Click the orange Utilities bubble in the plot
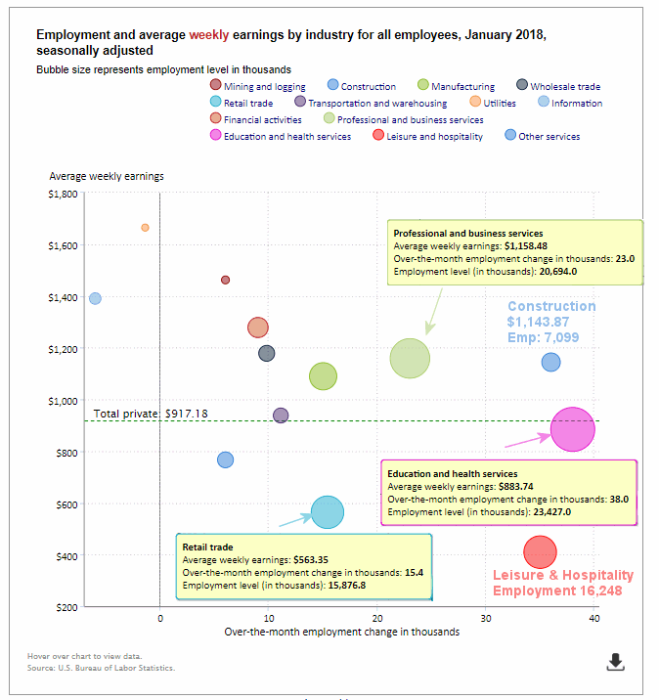(x=145, y=228)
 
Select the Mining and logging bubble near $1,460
(x=226, y=280)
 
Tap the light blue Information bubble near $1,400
(x=95, y=298)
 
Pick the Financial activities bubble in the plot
(x=258, y=328)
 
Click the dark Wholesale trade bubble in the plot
(x=267, y=354)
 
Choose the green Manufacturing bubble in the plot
(x=323, y=376)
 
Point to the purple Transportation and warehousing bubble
(x=281, y=416)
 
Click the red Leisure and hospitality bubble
(x=541, y=552)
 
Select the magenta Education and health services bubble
(x=573, y=429)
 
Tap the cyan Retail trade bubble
(x=328, y=512)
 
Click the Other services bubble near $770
(x=226, y=459)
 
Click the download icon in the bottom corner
(x=616, y=662)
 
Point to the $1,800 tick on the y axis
(x=63, y=194)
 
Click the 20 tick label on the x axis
(x=377, y=618)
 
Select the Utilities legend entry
(x=493, y=103)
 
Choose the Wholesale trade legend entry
(x=558, y=86)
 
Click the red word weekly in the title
(x=209, y=35)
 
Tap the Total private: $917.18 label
(x=151, y=414)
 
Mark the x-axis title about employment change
(x=342, y=632)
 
